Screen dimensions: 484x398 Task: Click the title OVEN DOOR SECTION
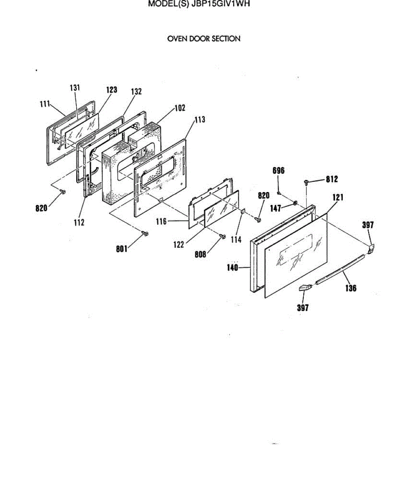coord(204,39)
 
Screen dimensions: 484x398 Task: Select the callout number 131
coord(75,88)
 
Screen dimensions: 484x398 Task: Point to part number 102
coord(179,108)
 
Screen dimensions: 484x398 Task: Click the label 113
coord(199,119)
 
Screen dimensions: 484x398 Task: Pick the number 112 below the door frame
coord(79,222)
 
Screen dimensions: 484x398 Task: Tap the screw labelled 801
coord(145,233)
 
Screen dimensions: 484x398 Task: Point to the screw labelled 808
coord(222,236)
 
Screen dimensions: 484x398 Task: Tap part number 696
coord(279,171)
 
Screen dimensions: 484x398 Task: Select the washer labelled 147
coord(296,202)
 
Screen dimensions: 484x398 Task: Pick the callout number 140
coord(233,267)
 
